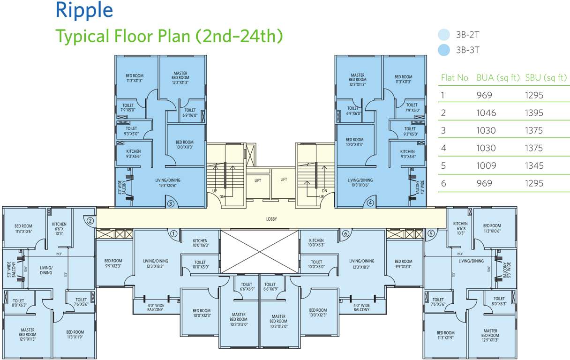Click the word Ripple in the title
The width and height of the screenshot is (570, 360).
coord(84,10)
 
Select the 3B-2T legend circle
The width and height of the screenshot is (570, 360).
coord(443,35)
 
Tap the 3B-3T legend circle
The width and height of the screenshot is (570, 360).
coord(443,50)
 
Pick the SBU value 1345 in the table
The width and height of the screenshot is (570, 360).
coord(534,165)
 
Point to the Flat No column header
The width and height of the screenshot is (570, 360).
coord(454,78)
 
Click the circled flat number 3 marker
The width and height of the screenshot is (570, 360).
coord(171,203)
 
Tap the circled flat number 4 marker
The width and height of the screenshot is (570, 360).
coord(370,203)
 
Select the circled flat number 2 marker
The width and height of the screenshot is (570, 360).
coord(90,220)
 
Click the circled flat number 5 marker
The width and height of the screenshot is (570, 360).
coord(431,233)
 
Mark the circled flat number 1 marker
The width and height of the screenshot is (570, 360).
coord(173,233)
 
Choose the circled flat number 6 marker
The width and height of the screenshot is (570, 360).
coord(346,233)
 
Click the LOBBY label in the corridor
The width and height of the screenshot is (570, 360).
coord(272,219)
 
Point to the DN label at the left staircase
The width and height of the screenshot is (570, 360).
coord(222,197)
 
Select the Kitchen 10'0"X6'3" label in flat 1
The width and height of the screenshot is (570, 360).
coord(200,242)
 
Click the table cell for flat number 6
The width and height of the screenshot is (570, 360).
coord(443,183)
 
